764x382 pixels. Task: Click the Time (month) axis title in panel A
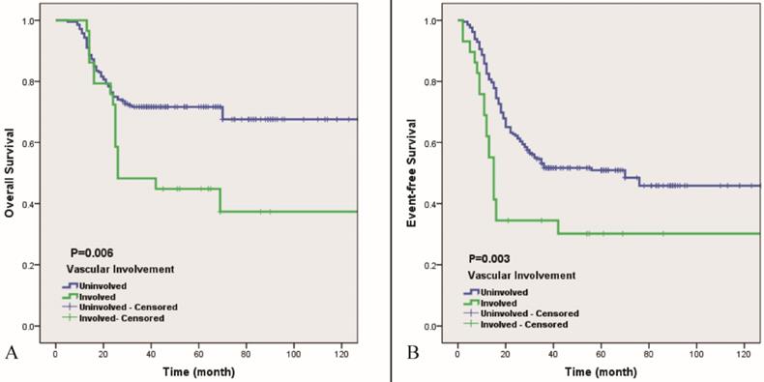(x=207, y=369)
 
